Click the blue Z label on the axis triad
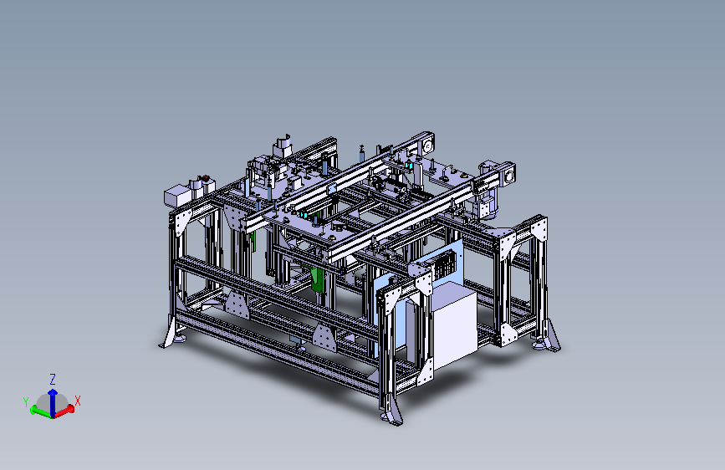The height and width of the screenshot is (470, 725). (53, 380)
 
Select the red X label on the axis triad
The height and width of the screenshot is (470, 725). (78, 401)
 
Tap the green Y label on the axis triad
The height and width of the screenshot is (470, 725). (26, 402)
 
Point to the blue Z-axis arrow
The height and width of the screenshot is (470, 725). (53, 401)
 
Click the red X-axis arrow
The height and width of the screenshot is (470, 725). (64, 411)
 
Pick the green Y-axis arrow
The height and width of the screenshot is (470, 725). (41, 411)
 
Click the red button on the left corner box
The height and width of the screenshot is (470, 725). (205, 177)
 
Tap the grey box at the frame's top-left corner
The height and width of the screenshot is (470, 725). (177, 197)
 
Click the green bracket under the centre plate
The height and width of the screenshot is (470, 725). (318, 279)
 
